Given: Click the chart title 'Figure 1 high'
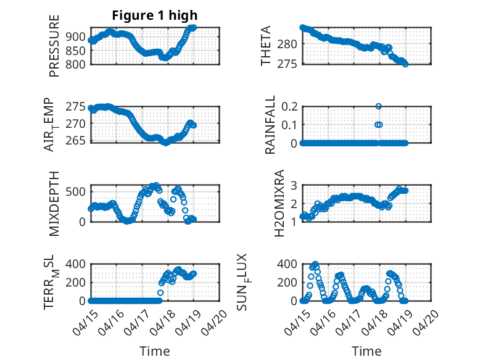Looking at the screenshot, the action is pyautogui.click(x=155, y=15).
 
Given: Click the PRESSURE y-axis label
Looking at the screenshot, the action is pyautogui.click(x=54, y=46).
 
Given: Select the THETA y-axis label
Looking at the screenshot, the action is pyautogui.click(x=266, y=46).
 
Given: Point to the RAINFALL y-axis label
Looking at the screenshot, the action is pyautogui.click(x=270, y=125).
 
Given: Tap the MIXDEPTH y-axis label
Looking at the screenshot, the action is pyautogui.click(x=54, y=203).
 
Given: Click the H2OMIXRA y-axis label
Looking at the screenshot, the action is pyautogui.click(x=279, y=203).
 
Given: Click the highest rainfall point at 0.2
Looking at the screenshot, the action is pyautogui.click(x=379, y=106).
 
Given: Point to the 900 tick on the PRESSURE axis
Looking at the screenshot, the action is pyautogui.click(x=75, y=37).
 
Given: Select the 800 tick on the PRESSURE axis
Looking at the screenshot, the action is pyautogui.click(x=75, y=64).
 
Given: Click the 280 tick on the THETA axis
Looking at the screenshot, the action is pyautogui.click(x=287, y=44).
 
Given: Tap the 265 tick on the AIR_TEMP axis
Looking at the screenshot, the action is pyautogui.click(x=75, y=141).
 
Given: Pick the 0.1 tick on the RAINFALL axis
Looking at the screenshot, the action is pyautogui.click(x=289, y=125).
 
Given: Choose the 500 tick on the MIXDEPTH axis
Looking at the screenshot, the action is pyautogui.click(x=75, y=192).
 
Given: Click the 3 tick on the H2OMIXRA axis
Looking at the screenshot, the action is pyautogui.click(x=294, y=185).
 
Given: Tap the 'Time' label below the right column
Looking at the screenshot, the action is pyautogui.click(x=366, y=351).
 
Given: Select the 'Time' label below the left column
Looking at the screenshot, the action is pyautogui.click(x=155, y=351).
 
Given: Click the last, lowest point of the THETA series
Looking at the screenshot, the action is pyautogui.click(x=405, y=64).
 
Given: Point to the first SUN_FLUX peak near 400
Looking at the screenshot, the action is pyautogui.click(x=315, y=264).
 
